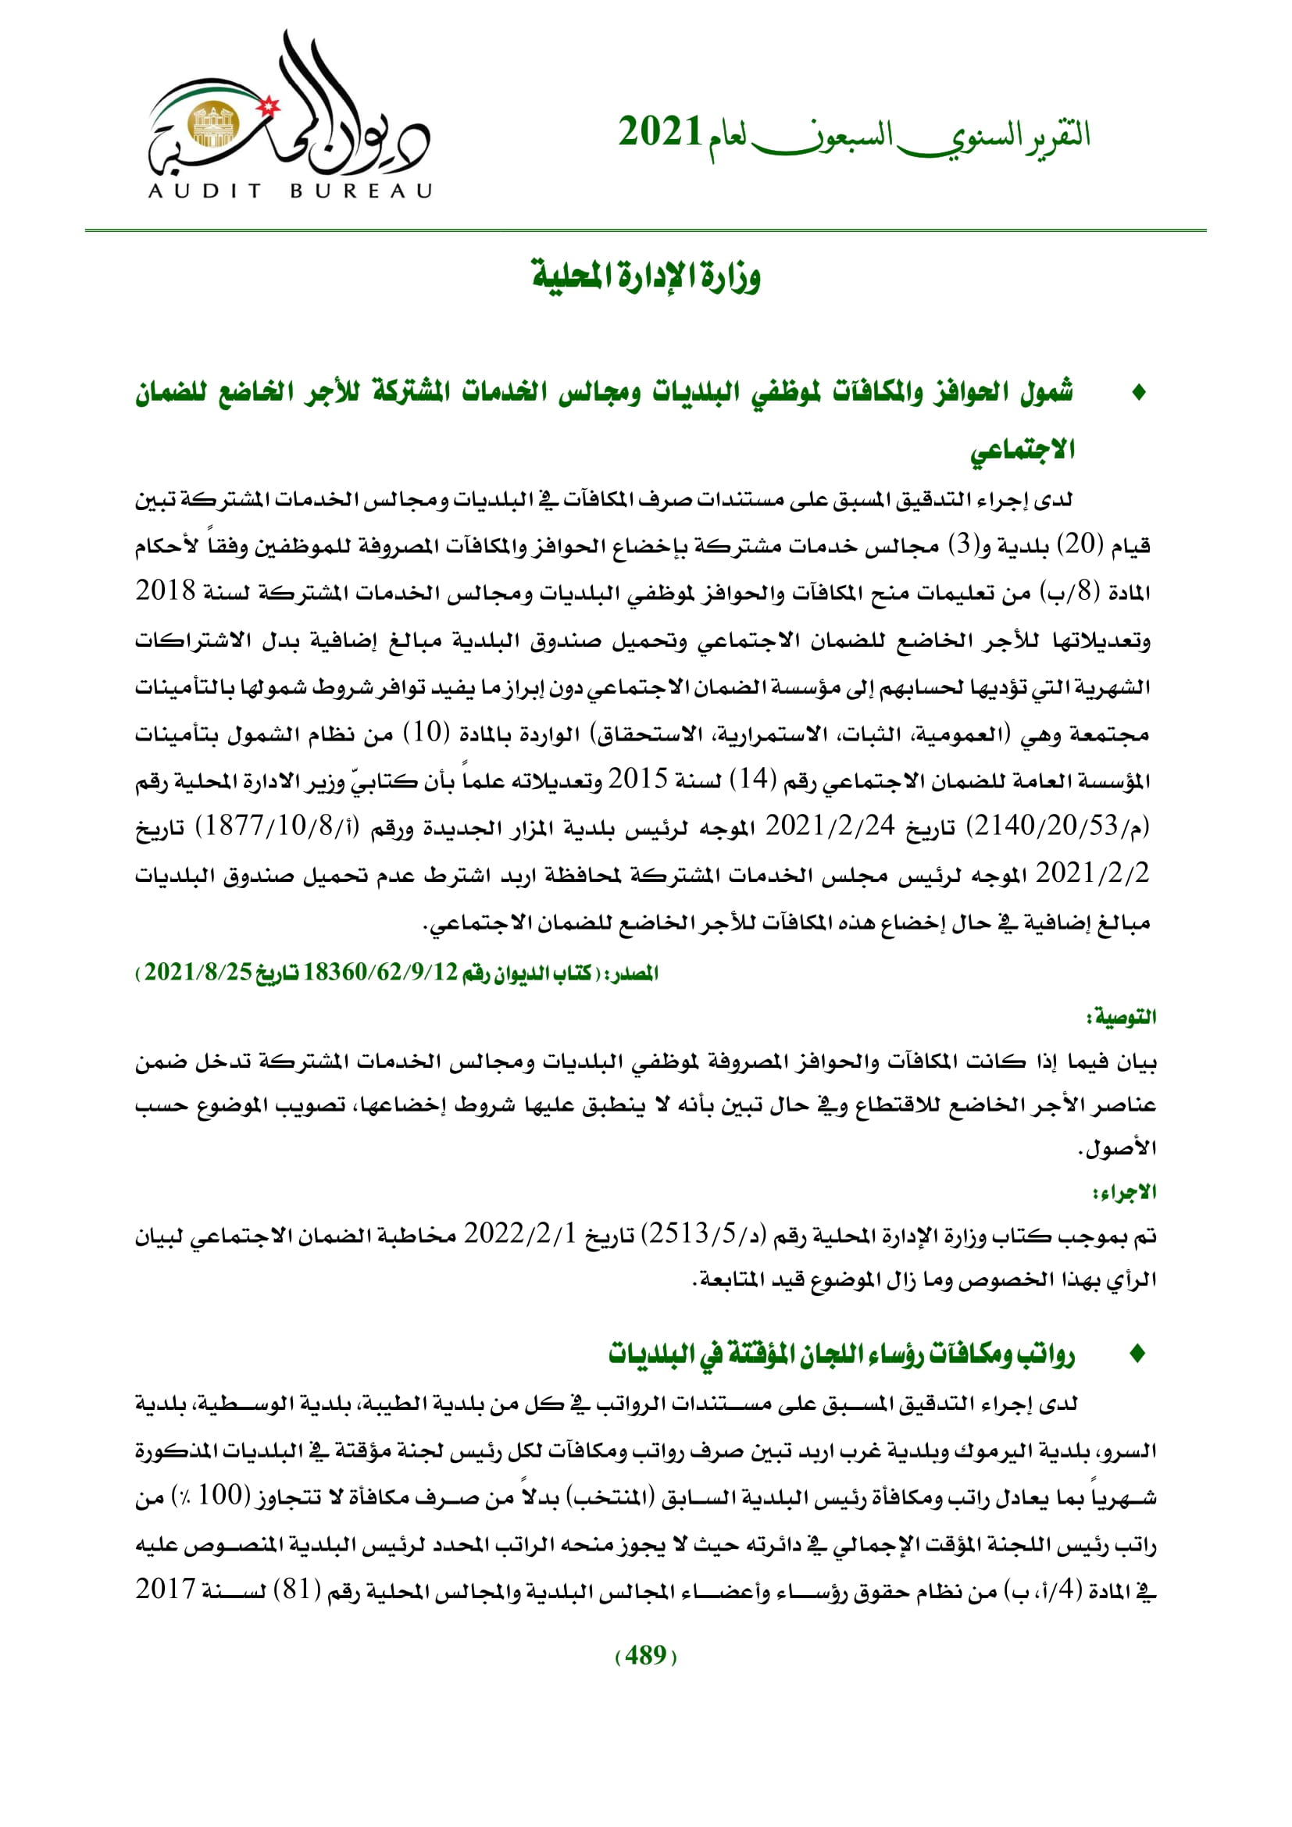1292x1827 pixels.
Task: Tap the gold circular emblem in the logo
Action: (210, 125)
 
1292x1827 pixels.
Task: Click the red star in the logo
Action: (270, 104)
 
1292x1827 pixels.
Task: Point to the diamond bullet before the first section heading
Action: (1138, 392)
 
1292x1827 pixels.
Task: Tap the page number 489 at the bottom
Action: (646, 1655)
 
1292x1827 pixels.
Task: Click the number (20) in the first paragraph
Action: (1080, 545)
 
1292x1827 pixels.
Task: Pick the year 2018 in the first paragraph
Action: (166, 591)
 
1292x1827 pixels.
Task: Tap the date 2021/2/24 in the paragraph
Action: (830, 826)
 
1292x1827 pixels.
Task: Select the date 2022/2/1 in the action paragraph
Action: (519, 1235)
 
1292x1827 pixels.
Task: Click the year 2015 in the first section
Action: (637, 780)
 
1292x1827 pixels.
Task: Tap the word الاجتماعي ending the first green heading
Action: (1023, 451)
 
